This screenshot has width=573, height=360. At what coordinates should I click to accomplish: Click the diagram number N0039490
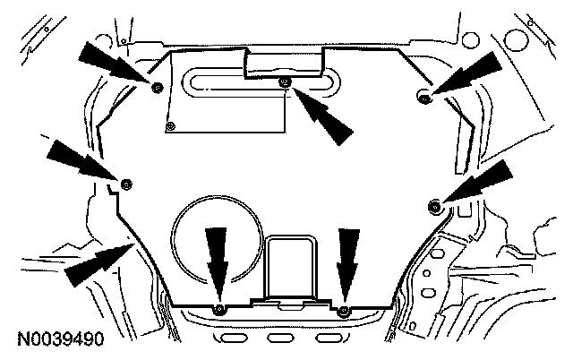[x=61, y=340]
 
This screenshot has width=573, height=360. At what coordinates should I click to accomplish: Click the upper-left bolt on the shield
[x=157, y=87]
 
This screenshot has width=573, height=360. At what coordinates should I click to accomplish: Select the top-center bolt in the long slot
[x=285, y=83]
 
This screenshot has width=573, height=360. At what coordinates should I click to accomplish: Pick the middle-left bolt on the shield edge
[x=126, y=184]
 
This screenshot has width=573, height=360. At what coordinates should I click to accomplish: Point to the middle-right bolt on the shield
[x=434, y=207]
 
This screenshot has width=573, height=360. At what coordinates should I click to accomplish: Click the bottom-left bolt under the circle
[x=218, y=310]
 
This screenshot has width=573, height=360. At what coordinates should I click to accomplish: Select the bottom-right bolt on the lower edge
[x=345, y=310]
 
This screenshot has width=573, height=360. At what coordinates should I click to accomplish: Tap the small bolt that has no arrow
[x=173, y=125]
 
